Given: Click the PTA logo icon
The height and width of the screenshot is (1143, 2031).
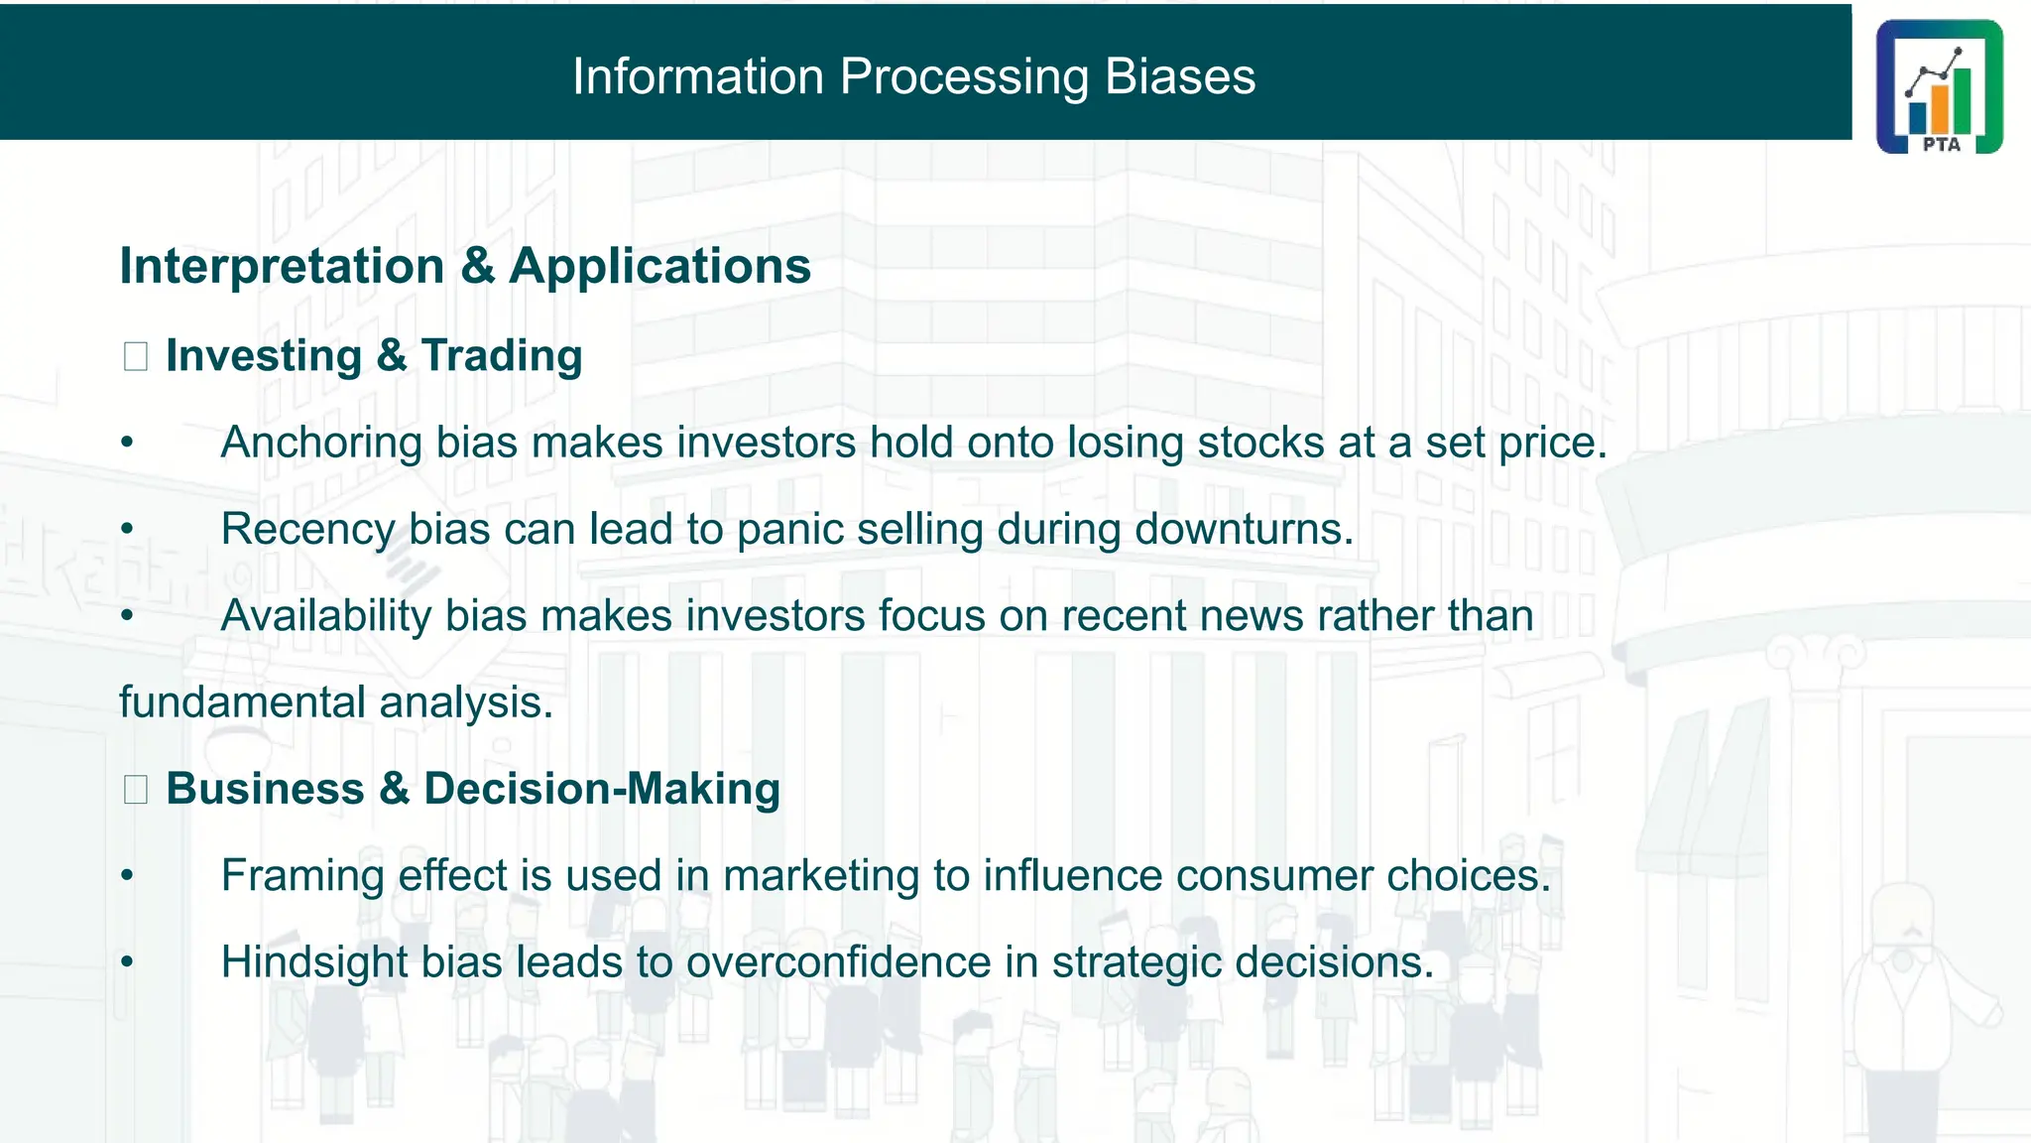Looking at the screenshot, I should click(1939, 86).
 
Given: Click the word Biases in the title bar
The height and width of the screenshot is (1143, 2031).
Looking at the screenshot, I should click(1180, 76).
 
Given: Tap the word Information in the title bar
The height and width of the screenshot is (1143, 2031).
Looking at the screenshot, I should click(698, 76).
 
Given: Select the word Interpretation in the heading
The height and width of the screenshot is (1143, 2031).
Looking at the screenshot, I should click(282, 266).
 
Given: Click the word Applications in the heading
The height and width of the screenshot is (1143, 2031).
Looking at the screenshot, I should click(660, 266).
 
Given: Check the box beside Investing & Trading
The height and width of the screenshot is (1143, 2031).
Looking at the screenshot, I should click(136, 356).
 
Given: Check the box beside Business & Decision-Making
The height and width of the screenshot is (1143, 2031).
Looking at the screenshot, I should click(136, 790).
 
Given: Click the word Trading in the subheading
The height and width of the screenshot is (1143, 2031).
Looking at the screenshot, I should click(502, 356).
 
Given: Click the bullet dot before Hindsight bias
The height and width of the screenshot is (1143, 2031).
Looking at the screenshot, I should click(127, 961).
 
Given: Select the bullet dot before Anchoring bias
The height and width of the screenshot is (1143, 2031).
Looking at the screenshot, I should click(127, 443).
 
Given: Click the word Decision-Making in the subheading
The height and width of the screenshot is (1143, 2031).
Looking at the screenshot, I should click(602, 789).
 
